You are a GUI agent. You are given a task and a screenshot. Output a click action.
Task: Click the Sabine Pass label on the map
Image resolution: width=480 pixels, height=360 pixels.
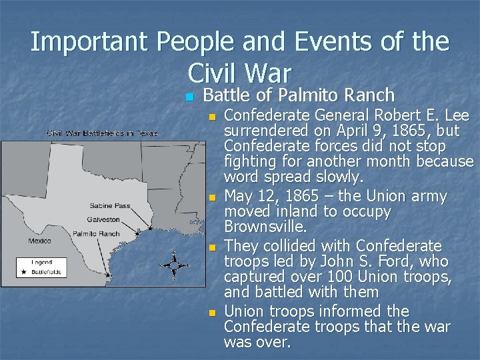(110, 206)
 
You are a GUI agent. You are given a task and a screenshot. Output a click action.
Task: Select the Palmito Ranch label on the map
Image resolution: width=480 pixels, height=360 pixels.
(96, 234)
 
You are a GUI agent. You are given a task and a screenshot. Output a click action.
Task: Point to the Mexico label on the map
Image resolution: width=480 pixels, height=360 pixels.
(40, 241)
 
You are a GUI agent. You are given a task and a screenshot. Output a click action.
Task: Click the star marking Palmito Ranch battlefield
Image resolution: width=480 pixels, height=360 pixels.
(109, 274)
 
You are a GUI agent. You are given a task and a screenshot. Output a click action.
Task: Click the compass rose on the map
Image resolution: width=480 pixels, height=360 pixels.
(173, 265)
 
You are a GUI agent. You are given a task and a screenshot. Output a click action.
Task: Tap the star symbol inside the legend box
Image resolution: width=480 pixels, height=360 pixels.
(25, 272)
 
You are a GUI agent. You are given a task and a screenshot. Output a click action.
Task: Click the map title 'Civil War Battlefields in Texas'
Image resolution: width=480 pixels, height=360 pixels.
(102, 133)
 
